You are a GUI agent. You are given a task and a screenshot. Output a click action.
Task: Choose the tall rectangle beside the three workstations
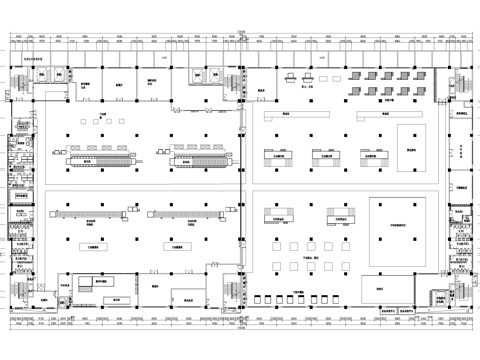[x=407, y=146]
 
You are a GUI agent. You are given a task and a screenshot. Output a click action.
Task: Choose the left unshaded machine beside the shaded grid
[x=291, y=77]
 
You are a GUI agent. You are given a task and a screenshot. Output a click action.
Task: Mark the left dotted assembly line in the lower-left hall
[x=95, y=213]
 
